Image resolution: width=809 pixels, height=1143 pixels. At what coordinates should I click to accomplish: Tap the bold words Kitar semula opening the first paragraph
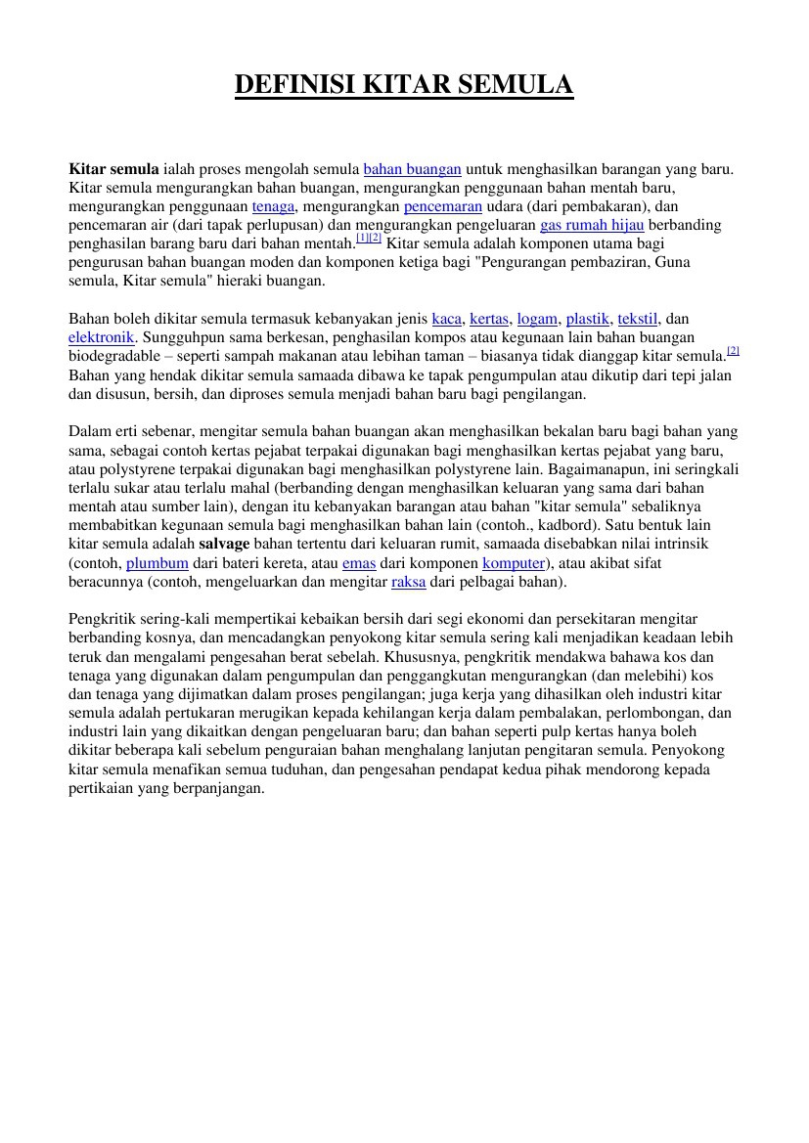[113, 169]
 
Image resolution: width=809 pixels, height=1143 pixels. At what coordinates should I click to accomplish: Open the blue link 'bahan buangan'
[412, 169]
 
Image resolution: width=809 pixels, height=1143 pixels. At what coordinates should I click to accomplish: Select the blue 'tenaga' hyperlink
[273, 206]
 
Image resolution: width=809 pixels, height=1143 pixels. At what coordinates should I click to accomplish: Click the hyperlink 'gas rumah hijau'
[592, 225]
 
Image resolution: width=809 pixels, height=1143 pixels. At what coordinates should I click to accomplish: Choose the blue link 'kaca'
[446, 319]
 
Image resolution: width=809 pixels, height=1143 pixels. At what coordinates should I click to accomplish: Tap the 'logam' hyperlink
[537, 319]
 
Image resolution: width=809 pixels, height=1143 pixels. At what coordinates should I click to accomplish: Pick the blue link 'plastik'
[587, 319]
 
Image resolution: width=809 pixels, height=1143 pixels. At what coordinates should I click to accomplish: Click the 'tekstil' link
[638, 319]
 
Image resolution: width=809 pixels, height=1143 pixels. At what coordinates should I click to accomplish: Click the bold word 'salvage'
[224, 544]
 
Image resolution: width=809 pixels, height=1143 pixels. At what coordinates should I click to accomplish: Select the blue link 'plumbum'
[157, 563]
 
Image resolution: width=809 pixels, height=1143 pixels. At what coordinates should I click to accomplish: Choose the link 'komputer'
[514, 563]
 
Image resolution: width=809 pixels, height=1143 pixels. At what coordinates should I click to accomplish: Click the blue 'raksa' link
[408, 582]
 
